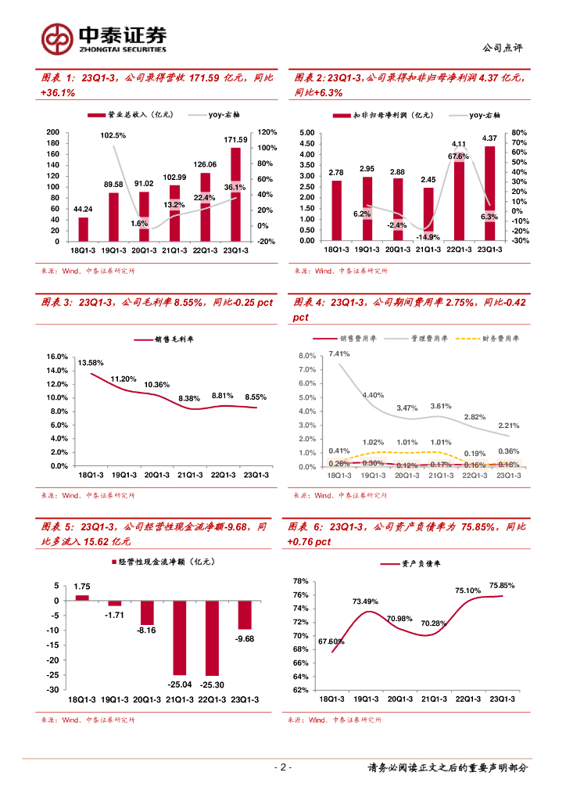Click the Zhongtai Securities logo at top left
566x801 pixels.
[104, 38]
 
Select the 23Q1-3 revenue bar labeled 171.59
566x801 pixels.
[235, 194]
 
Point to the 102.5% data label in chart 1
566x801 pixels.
[113, 135]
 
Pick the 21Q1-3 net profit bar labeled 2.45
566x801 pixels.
[428, 214]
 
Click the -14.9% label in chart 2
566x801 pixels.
[428, 237]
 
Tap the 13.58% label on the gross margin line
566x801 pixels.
[91, 362]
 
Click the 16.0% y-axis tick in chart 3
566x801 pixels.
[59, 357]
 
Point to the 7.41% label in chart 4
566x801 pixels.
[339, 354]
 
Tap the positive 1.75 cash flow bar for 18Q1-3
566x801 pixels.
[81, 598]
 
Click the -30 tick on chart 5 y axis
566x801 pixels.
[54, 690]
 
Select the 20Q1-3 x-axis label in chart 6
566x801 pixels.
[400, 699]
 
